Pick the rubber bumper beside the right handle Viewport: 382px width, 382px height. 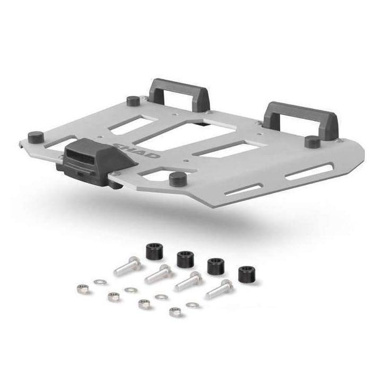[311, 141]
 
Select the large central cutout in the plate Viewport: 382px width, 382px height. [175, 138]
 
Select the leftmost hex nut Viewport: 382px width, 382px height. [82, 289]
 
